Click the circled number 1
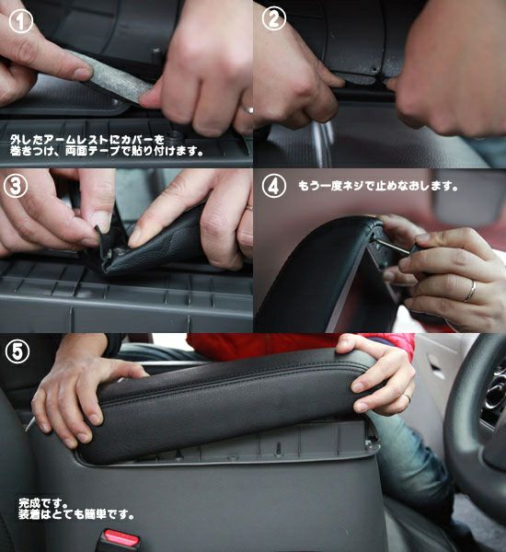pyautogui.click(x=21, y=21)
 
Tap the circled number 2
pyautogui.click(x=274, y=18)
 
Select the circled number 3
pyautogui.click(x=16, y=186)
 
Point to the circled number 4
pyautogui.click(x=274, y=186)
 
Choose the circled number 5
pyautogui.click(x=17, y=351)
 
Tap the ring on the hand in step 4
pyautogui.click(x=470, y=291)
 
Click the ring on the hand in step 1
pyautogui.click(x=247, y=109)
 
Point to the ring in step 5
pyautogui.click(x=407, y=397)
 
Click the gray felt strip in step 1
pyautogui.click(x=111, y=78)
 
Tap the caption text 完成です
pyautogui.click(x=43, y=502)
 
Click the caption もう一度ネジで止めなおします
pyautogui.click(x=378, y=186)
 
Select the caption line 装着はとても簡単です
pyautogui.click(x=76, y=514)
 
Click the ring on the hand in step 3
pyautogui.click(x=249, y=208)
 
